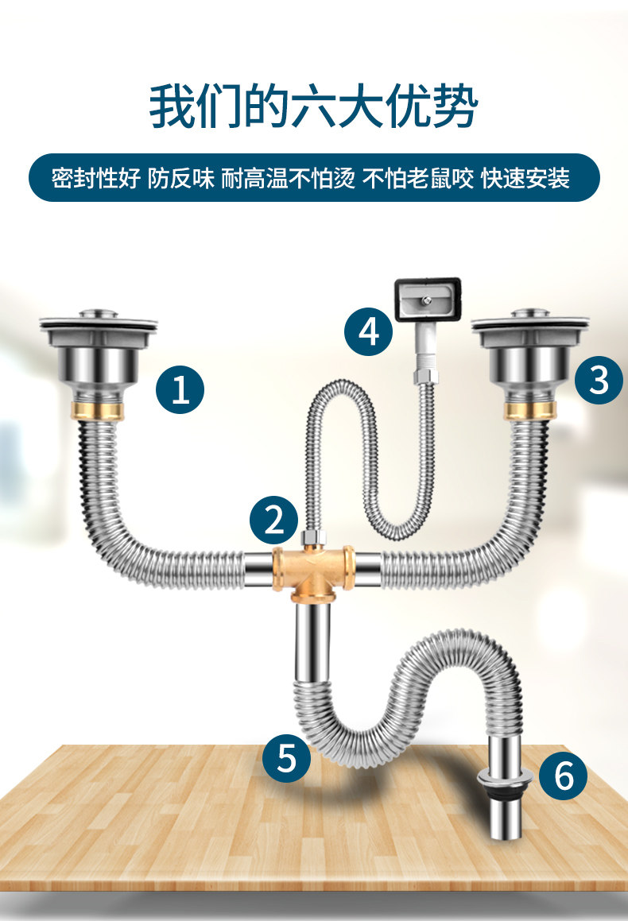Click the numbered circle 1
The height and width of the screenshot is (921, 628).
point(180,389)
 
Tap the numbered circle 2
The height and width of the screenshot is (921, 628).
point(273,520)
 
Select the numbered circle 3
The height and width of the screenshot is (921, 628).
point(599,380)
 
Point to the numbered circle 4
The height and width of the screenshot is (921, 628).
point(368,331)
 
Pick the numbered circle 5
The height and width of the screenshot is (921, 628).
point(286,757)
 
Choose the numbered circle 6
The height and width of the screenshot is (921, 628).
point(564,776)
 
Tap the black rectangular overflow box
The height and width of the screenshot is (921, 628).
point(428,300)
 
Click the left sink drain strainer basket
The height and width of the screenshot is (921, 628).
point(99,352)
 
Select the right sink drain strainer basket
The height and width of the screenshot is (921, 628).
point(530,352)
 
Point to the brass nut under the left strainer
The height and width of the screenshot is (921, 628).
point(98,411)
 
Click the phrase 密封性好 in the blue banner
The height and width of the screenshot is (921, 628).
point(95,178)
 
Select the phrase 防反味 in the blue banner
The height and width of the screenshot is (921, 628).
point(181,178)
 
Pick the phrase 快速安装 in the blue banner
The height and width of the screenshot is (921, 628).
point(525,178)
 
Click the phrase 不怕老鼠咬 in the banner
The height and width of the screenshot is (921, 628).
point(417,178)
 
